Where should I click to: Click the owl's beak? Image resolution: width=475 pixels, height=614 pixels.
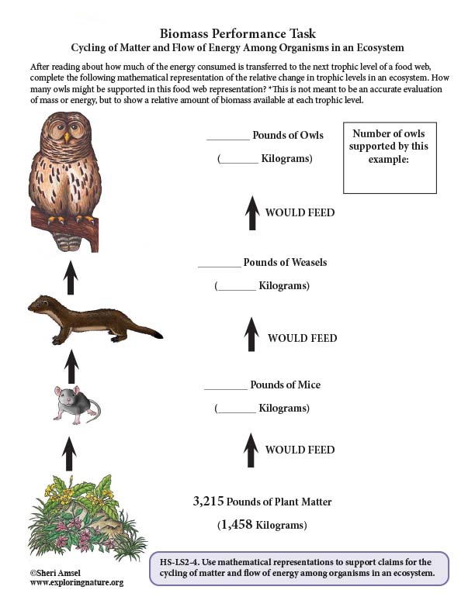point(68,137)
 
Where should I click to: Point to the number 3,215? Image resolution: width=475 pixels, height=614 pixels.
point(209,502)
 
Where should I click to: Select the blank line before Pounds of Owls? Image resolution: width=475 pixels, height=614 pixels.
point(227,138)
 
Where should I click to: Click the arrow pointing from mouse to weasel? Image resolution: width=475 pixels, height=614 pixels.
point(71,365)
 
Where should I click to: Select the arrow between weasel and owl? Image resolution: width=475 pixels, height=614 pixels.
point(71,277)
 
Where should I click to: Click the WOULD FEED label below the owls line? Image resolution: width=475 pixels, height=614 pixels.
point(300,212)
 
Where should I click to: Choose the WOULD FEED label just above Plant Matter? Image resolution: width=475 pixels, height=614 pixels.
point(300,450)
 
